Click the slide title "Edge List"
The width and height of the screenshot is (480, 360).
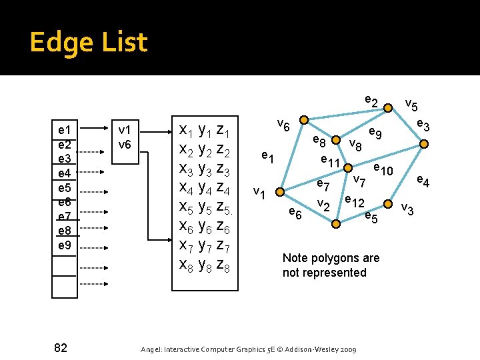point(88,43)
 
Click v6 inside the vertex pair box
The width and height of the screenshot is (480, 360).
point(125,144)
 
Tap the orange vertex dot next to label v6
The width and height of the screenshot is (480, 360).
point(303,120)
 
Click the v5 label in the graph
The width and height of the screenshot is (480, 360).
point(412,105)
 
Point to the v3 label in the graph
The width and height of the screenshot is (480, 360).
point(407,210)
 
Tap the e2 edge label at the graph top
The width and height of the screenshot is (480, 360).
point(371,101)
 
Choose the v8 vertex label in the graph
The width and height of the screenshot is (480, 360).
point(355,144)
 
